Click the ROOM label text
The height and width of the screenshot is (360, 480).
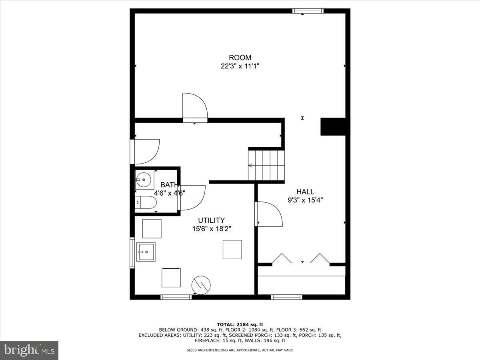click(x=240, y=58)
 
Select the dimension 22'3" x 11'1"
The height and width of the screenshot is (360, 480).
click(x=240, y=66)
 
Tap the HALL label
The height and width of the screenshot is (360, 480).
click(x=305, y=192)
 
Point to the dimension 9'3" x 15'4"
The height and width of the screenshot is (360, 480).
click(x=305, y=200)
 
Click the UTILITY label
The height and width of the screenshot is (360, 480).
click(x=211, y=220)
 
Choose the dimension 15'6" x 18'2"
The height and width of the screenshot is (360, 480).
click(x=211, y=229)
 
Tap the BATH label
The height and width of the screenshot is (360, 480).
click(x=169, y=185)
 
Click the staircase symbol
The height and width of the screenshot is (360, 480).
click(x=266, y=165)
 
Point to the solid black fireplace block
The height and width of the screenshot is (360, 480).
click(x=333, y=126)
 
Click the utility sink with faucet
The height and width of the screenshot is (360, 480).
click(x=146, y=252)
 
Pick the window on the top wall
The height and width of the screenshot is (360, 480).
click(x=308, y=11)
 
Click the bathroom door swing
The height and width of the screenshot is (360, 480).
click(x=192, y=197)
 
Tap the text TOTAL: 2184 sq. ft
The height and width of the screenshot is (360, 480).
click(x=240, y=324)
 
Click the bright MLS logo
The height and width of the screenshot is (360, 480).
click(x=29, y=350)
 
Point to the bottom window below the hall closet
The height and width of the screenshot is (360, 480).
click(x=286, y=297)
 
